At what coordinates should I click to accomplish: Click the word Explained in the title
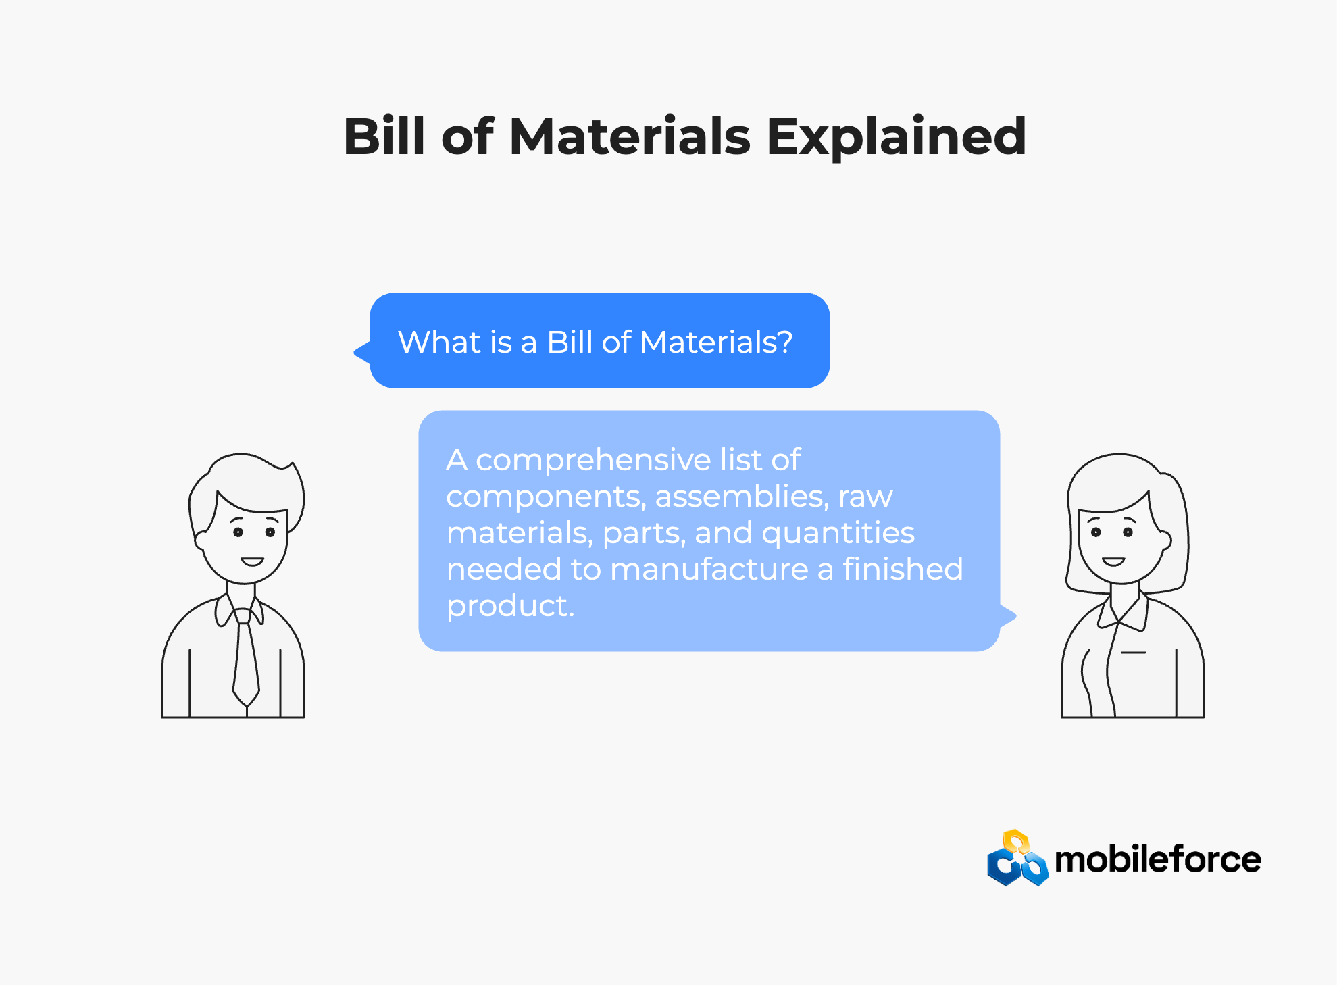point(896,138)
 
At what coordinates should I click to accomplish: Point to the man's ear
point(201,540)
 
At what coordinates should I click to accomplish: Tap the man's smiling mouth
point(252,561)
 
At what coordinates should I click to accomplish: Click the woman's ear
point(1164,540)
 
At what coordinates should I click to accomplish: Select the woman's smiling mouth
point(1113,561)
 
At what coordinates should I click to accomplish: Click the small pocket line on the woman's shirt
point(1133,653)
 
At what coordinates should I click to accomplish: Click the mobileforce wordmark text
point(1158,859)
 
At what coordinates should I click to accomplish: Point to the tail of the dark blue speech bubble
point(362,352)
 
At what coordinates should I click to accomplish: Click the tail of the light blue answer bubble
point(1008,615)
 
